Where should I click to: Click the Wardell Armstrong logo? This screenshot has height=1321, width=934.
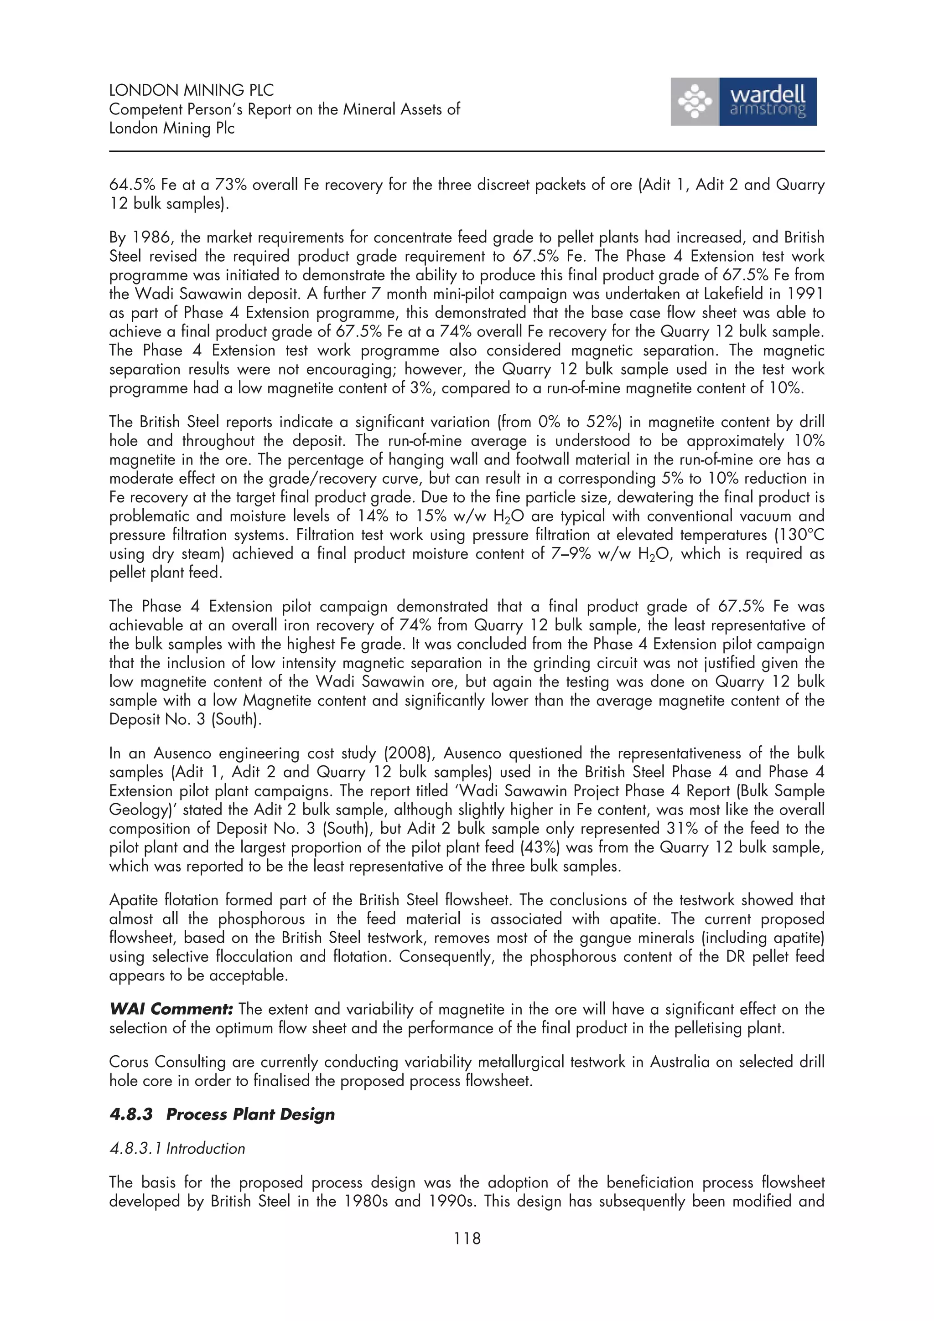[x=743, y=102]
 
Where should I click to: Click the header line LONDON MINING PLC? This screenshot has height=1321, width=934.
[x=191, y=90]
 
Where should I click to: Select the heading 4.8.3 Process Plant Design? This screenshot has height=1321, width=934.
[x=222, y=1115]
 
